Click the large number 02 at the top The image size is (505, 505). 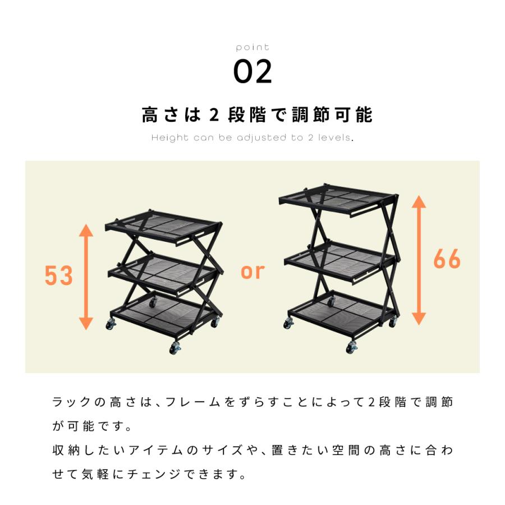pyautogui.click(x=252, y=71)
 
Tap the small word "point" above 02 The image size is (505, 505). pyautogui.click(x=252, y=47)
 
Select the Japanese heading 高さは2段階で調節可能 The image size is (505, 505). pyautogui.click(x=257, y=115)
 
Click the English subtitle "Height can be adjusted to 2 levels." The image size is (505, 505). pyautogui.click(x=252, y=138)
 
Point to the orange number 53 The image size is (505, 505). pyautogui.click(x=59, y=276)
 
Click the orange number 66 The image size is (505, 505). pyautogui.click(x=447, y=259)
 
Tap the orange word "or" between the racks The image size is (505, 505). pyautogui.click(x=252, y=271)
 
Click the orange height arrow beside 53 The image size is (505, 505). pyautogui.click(x=86, y=276)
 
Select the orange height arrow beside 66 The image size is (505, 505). pyautogui.click(x=419, y=259)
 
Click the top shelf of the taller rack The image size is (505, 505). pyautogui.click(x=337, y=196)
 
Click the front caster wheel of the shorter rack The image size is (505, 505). pyautogui.click(x=175, y=349)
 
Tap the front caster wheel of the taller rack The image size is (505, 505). pyautogui.click(x=351, y=348)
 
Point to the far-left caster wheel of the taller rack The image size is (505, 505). pyautogui.click(x=288, y=323)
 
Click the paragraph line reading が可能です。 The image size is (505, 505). pyautogui.click(x=93, y=426)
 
